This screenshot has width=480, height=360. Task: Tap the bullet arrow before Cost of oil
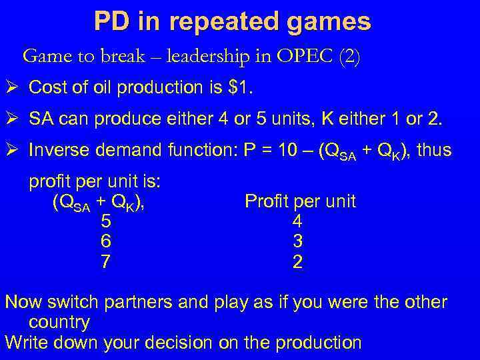coord(13,87)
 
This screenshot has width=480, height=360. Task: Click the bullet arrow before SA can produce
coord(13,119)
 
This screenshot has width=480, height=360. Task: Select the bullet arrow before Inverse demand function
coord(13,151)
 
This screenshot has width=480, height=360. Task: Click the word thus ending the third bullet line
coord(434,151)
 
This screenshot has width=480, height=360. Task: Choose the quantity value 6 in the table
coord(105,241)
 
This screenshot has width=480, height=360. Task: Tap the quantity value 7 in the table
coord(105,262)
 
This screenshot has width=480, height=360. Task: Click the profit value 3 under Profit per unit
coord(297,241)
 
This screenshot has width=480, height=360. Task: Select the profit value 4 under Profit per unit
coord(297,221)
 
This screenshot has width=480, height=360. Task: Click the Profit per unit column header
coord(300,201)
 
